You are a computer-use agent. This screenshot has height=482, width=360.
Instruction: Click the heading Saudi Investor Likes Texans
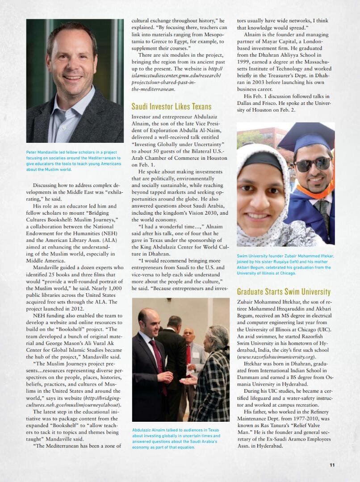[x=172, y=107]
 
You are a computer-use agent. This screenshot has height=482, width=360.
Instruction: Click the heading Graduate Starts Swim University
[x=284, y=292]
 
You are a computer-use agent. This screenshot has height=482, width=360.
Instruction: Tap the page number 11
[x=332, y=465]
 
